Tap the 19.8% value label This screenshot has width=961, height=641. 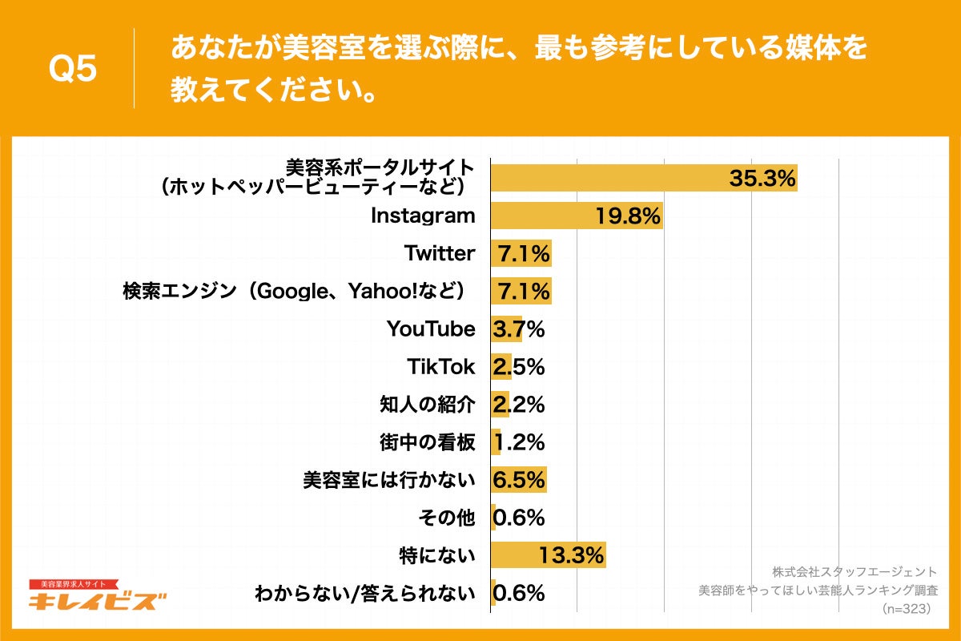[628, 216]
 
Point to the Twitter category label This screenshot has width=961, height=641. [440, 253]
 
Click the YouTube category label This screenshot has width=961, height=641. [431, 329]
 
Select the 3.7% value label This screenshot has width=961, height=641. [519, 329]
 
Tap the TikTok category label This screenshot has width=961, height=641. [441, 366]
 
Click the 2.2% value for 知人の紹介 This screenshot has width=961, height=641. [519, 405]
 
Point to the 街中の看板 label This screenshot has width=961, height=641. [427, 442]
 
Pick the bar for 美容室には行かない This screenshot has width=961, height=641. [517, 480]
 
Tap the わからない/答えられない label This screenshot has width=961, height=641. [364, 594]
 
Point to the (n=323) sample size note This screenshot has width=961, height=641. [904, 609]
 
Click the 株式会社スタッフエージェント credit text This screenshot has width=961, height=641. [854, 571]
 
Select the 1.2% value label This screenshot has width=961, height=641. [519, 442]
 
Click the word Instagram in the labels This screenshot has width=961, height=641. [423, 216]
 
